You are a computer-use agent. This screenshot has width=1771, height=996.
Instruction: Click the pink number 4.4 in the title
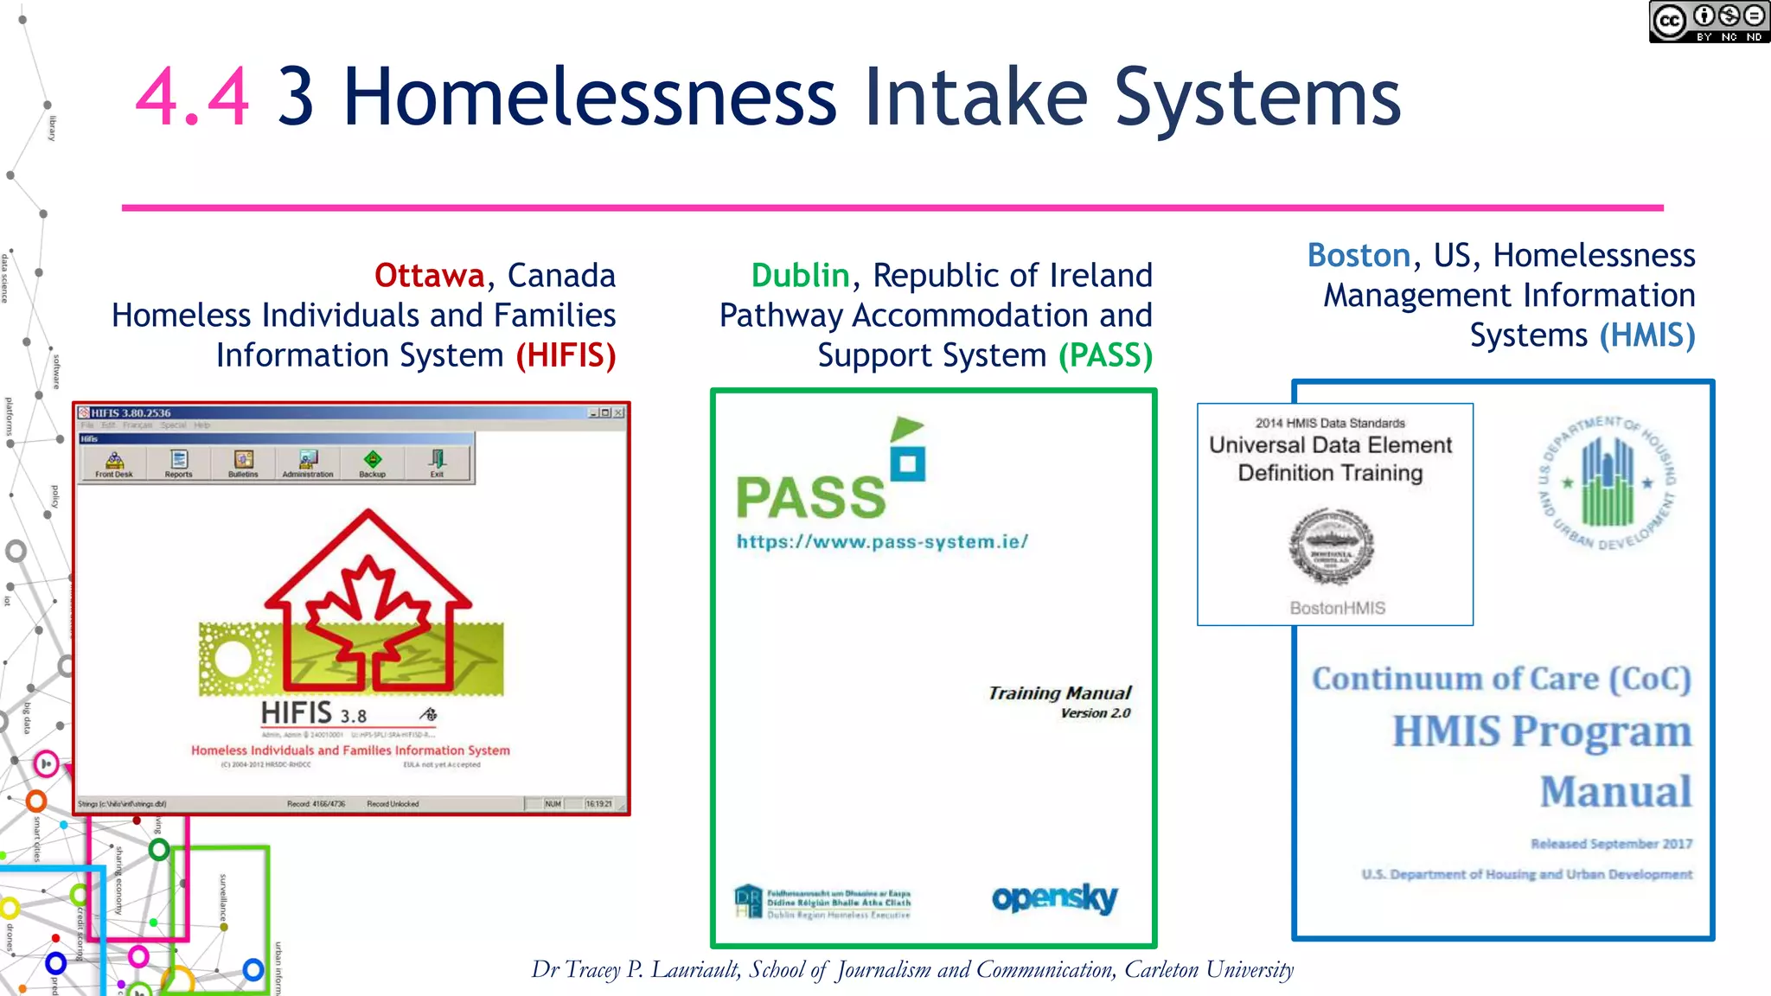pyautogui.click(x=192, y=97)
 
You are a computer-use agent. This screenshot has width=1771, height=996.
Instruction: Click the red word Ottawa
pyautogui.click(x=429, y=276)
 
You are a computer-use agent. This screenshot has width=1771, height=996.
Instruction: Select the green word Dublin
pyautogui.click(x=800, y=276)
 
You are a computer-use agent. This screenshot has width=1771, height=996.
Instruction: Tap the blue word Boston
pyautogui.click(x=1359, y=256)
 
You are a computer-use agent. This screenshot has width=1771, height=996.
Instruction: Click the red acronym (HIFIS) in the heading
pyautogui.click(x=566, y=355)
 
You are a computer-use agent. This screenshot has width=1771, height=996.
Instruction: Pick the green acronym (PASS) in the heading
pyautogui.click(x=1105, y=355)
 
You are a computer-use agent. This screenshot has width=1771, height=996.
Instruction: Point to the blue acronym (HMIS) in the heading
pyautogui.click(x=1646, y=335)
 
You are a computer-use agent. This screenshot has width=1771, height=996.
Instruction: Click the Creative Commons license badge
pyautogui.click(x=1708, y=22)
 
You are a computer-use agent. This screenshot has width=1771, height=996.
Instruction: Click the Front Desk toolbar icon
pyautogui.click(x=114, y=463)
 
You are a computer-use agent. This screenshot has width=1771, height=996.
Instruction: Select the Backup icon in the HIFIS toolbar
pyautogui.click(x=372, y=463)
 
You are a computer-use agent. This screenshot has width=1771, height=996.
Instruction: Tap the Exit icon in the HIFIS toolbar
pyautogui.click(x=438, y=463)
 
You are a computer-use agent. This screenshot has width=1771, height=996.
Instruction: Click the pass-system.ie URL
pyautogui.click(x=882, y=542)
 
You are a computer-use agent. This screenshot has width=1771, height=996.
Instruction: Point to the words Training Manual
pyautogui.click(x=1059, y=693)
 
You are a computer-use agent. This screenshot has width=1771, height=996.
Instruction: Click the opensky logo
pyautogui.click(x=1054, y=899)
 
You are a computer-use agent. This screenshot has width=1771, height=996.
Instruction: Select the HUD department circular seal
pyautogui.click(x=1607, y=483)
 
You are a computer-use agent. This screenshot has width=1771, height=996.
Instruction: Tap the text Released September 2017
pyautogui.click(x=1611, y=844)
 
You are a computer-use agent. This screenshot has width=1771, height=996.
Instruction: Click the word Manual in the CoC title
pyautogui.click(x=1614, y=792)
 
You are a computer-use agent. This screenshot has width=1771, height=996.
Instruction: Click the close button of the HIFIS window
pyautogui.click(x=619, y=413)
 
